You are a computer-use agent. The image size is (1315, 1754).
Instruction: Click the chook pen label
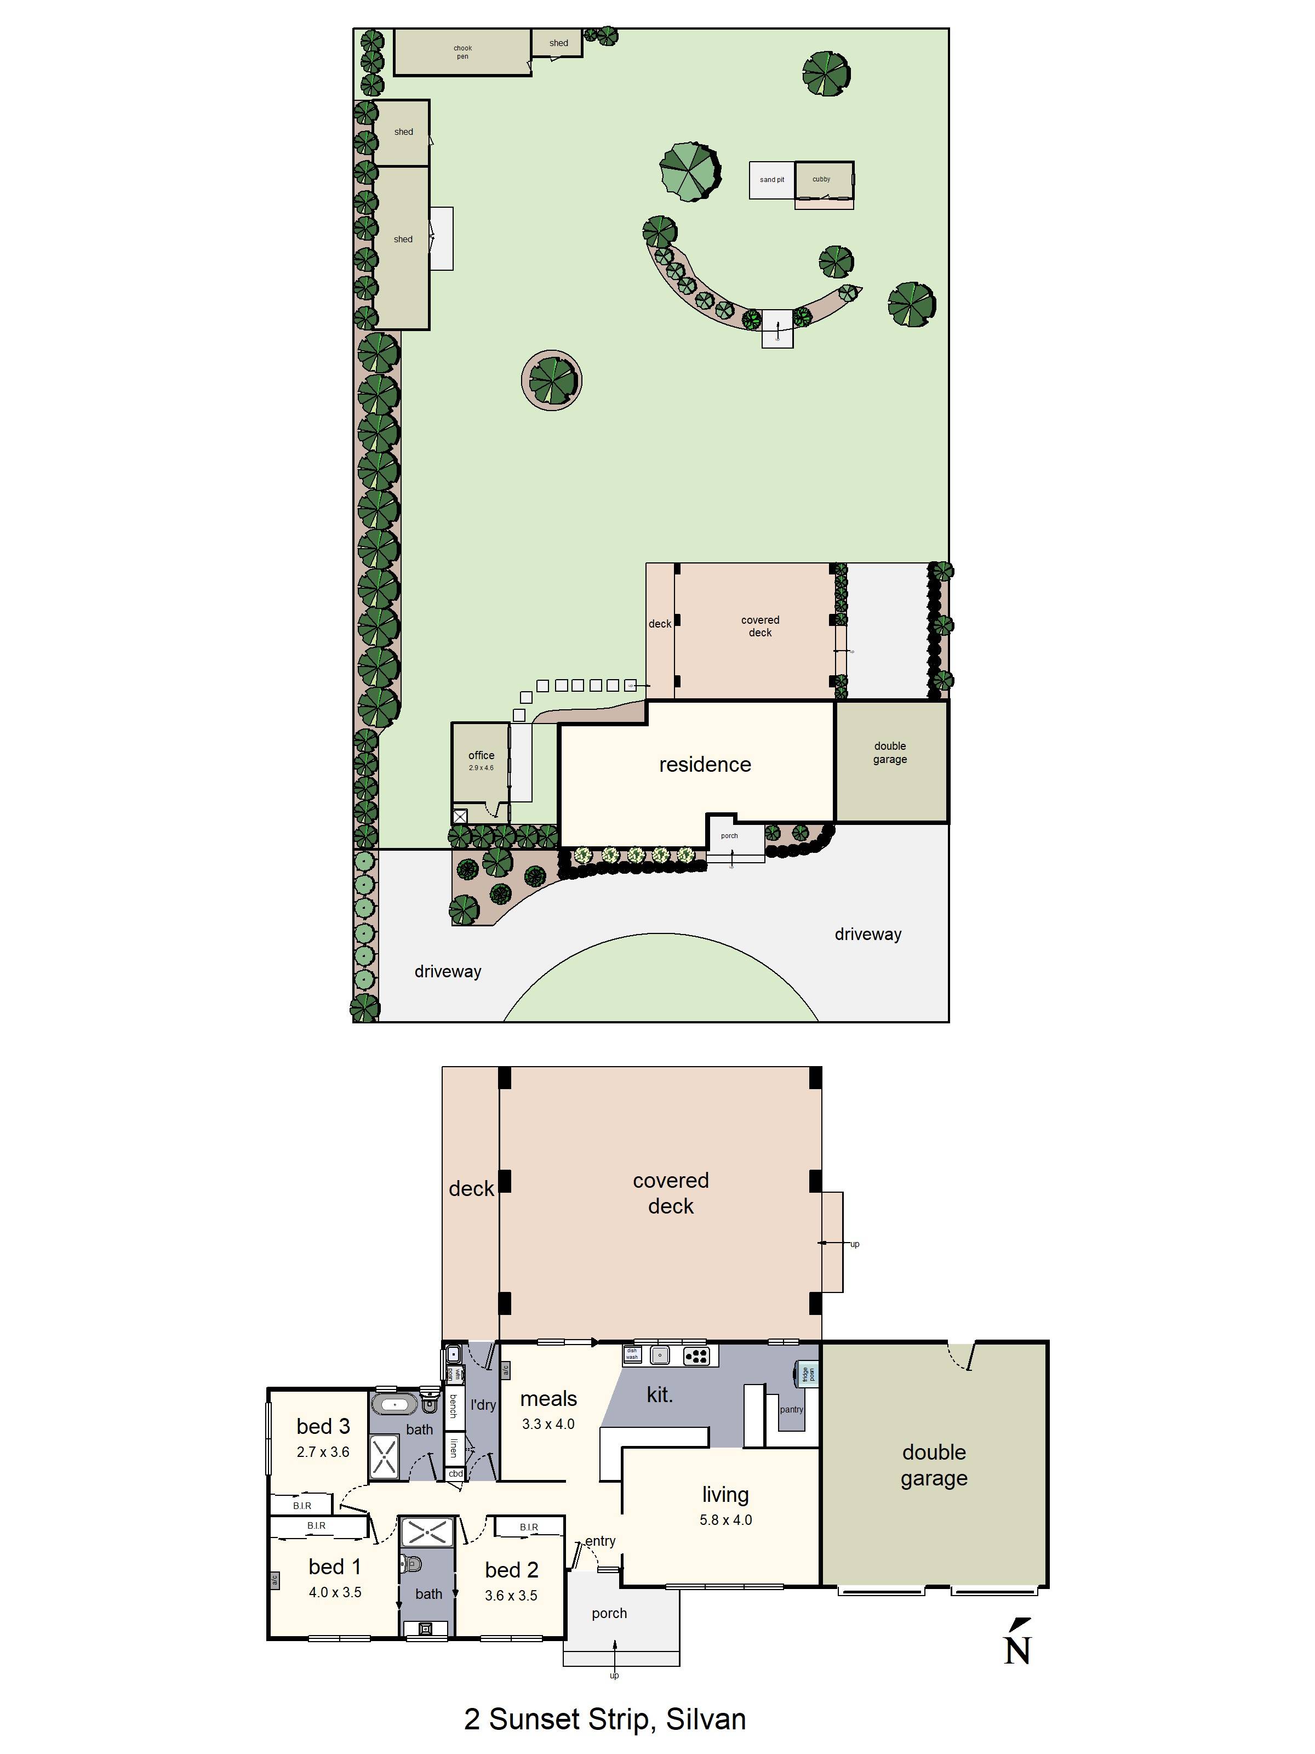click(x=462, y=52)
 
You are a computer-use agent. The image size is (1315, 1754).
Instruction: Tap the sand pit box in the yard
click(x=771, y=180)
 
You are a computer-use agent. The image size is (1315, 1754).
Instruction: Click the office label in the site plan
click(x=481, y=756)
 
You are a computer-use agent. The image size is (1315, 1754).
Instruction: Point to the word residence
click(x=705, y=765)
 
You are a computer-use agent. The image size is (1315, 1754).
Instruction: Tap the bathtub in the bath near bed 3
click(x=395, y=1405)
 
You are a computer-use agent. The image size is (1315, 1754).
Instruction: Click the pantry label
click(x=791, y=1409)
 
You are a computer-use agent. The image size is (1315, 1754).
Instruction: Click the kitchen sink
click(x=660, y=1356)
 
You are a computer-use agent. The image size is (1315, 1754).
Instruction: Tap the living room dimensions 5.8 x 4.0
click(x=725, y=1520)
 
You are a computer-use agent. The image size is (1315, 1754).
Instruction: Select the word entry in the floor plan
click(x=600, y=1541)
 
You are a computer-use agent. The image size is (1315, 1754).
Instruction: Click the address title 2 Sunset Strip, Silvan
click(x=605, y=1719)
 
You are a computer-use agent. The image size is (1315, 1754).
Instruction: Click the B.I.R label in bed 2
click(x=529, y=1527)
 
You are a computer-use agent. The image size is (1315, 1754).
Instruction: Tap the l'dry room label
click(x=483, y=1405)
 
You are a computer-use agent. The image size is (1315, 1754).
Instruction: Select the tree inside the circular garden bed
click(x=552, y=380)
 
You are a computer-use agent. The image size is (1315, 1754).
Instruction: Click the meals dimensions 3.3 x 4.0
click(x=548, y=1424)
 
